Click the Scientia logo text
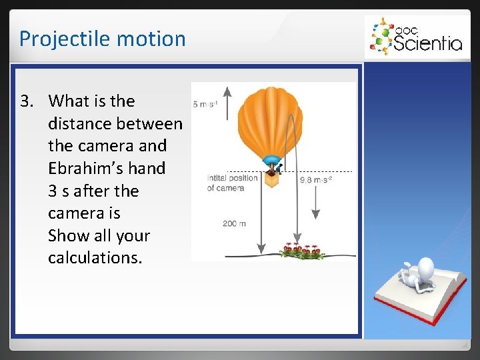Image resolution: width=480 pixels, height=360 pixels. [427, 43]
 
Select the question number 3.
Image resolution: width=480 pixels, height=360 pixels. [26, 101]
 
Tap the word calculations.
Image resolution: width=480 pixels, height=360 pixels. [95, 258]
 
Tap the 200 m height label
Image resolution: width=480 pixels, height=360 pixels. [234, 223]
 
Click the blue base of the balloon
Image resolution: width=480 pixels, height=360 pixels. [271, 160]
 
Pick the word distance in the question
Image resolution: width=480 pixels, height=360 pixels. [81, 124]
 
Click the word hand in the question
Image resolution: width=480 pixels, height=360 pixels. [147, 169]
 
